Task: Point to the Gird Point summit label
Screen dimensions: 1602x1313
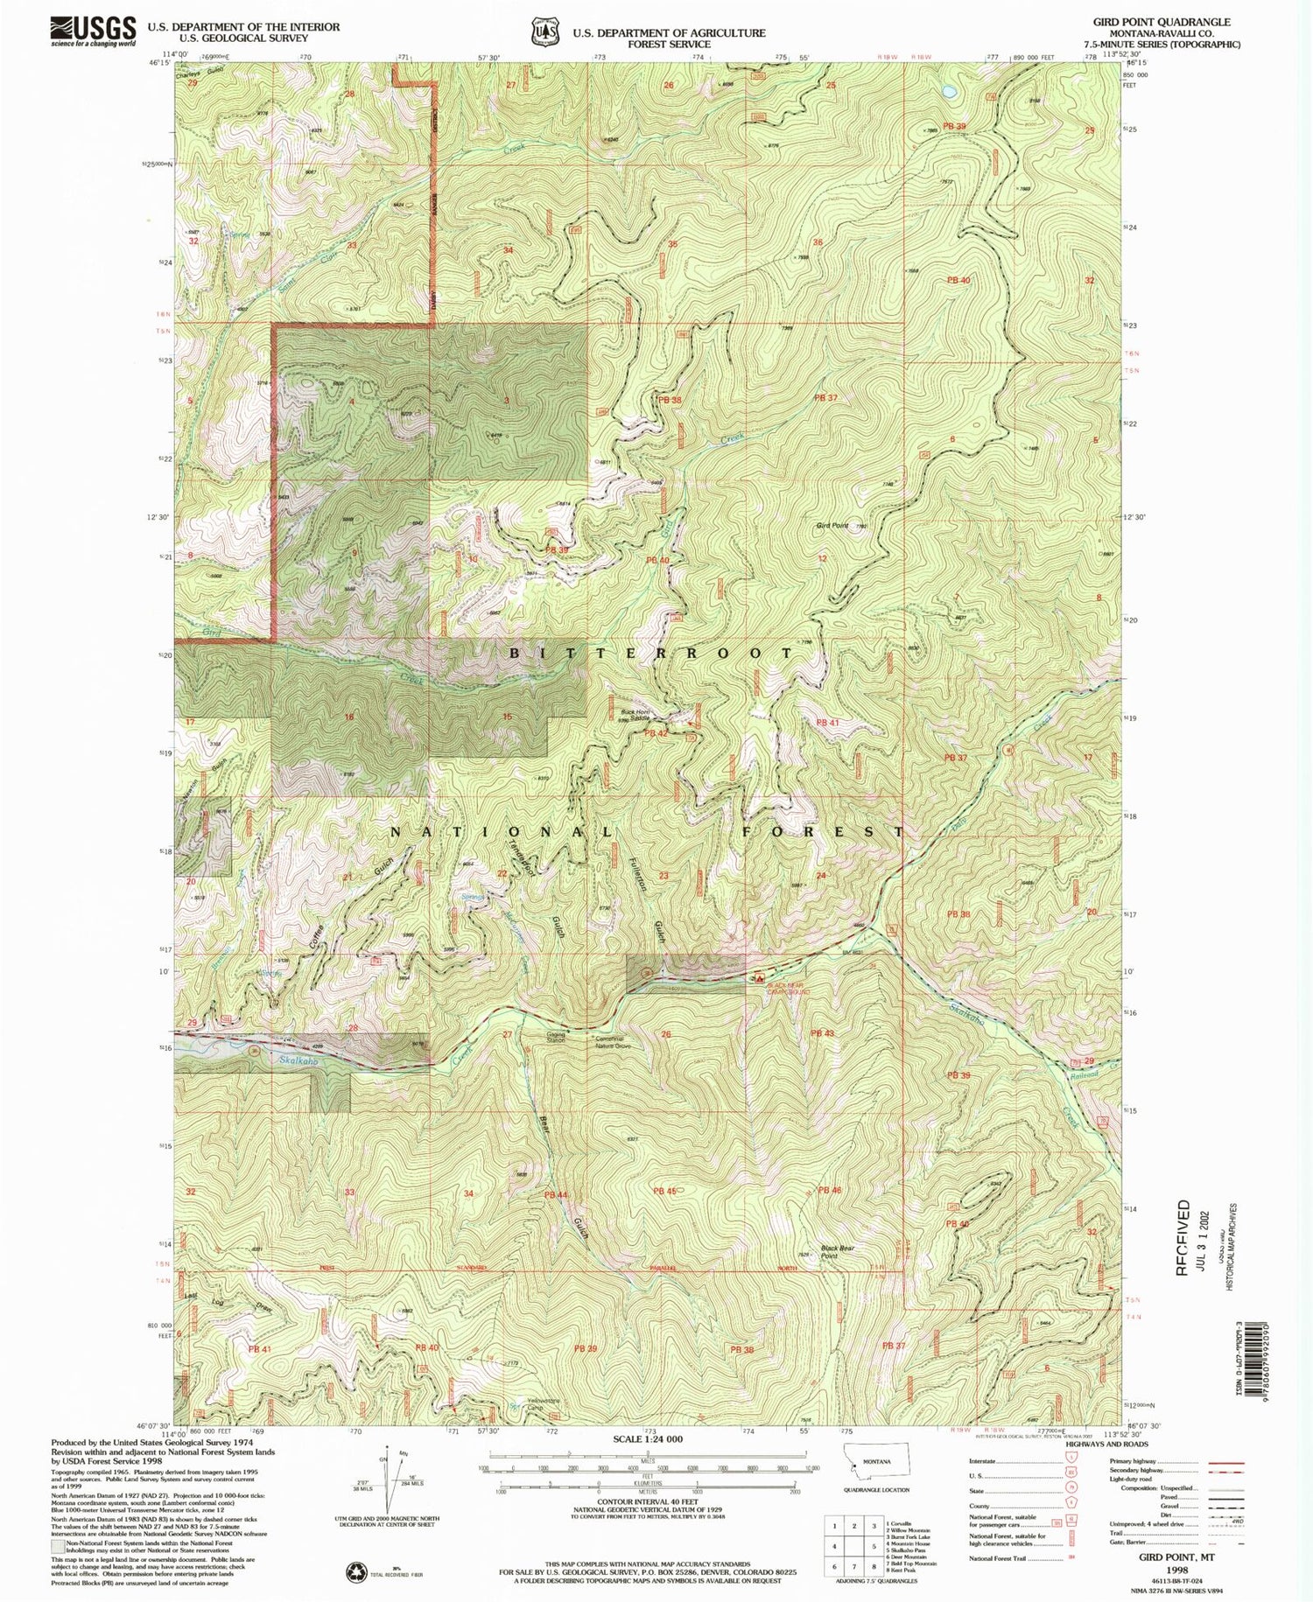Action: (832, 526)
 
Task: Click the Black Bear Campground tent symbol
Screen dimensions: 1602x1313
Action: (760, 976)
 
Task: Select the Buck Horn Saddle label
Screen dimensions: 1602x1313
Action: (635, 715)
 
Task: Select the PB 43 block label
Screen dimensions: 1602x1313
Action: (822, 1033)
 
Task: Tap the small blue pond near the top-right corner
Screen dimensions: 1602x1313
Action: (949, 91)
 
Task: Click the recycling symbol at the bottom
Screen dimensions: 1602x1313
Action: (356, 1569)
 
